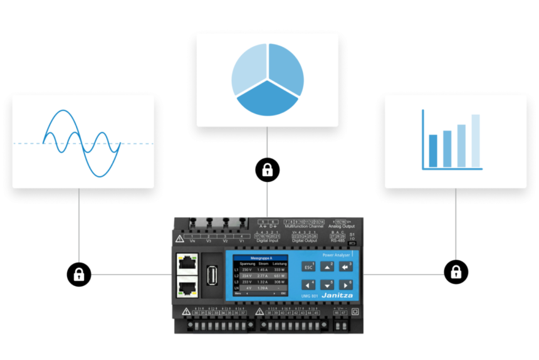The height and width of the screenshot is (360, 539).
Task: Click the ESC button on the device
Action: coord(308,267)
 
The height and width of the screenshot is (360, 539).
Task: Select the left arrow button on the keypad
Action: coord(308,285)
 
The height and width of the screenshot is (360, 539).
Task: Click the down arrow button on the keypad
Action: coord(327,285)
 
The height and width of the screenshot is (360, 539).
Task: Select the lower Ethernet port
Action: coord(186,289)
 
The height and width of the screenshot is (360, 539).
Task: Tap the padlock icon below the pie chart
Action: coord(268,169)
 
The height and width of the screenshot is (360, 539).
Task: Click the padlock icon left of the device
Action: coord(79,274)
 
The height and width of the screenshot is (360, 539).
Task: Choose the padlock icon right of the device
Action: coord(456,272)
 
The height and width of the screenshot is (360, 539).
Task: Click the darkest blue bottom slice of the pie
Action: coord(268,100)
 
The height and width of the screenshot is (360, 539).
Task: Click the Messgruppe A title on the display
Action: coord(260,258)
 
